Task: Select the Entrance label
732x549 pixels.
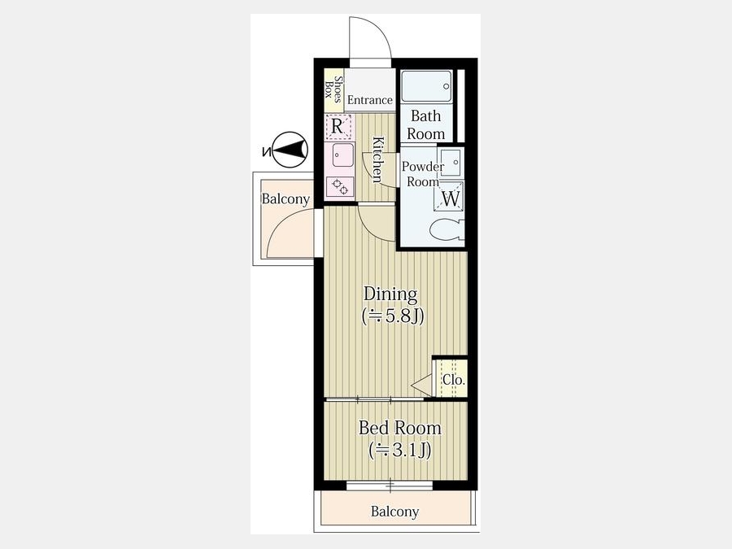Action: pyautogui.click(x=370, y=100)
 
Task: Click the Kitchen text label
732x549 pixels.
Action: pyautogui.click(x=377, y=159)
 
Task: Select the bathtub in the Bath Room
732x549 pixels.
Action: pyautogui.click(x=426, y=86)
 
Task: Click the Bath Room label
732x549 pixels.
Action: pyautogui.click(x=425, y=124)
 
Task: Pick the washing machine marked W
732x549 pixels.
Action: pyautogui.click(x=450, y=198)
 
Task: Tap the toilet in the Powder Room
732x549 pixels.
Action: pyautogui.click(x=447, y=229)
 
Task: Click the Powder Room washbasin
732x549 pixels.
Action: pyautogui.click(x=451, y=163)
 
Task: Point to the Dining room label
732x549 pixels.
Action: pyautogui.click(x=390, y=294)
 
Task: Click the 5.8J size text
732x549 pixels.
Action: pyautogui.click(x=393, y=316)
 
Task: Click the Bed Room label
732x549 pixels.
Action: pyautogui.click(x=399, y=428)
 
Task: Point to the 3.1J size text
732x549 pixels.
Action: pyautogui.click(x=399, y=450)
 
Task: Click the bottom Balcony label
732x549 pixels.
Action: pyautogui.click(x=394, y=512)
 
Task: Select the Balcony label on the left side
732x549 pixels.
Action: pyautogui.click(x=285, y=199)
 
